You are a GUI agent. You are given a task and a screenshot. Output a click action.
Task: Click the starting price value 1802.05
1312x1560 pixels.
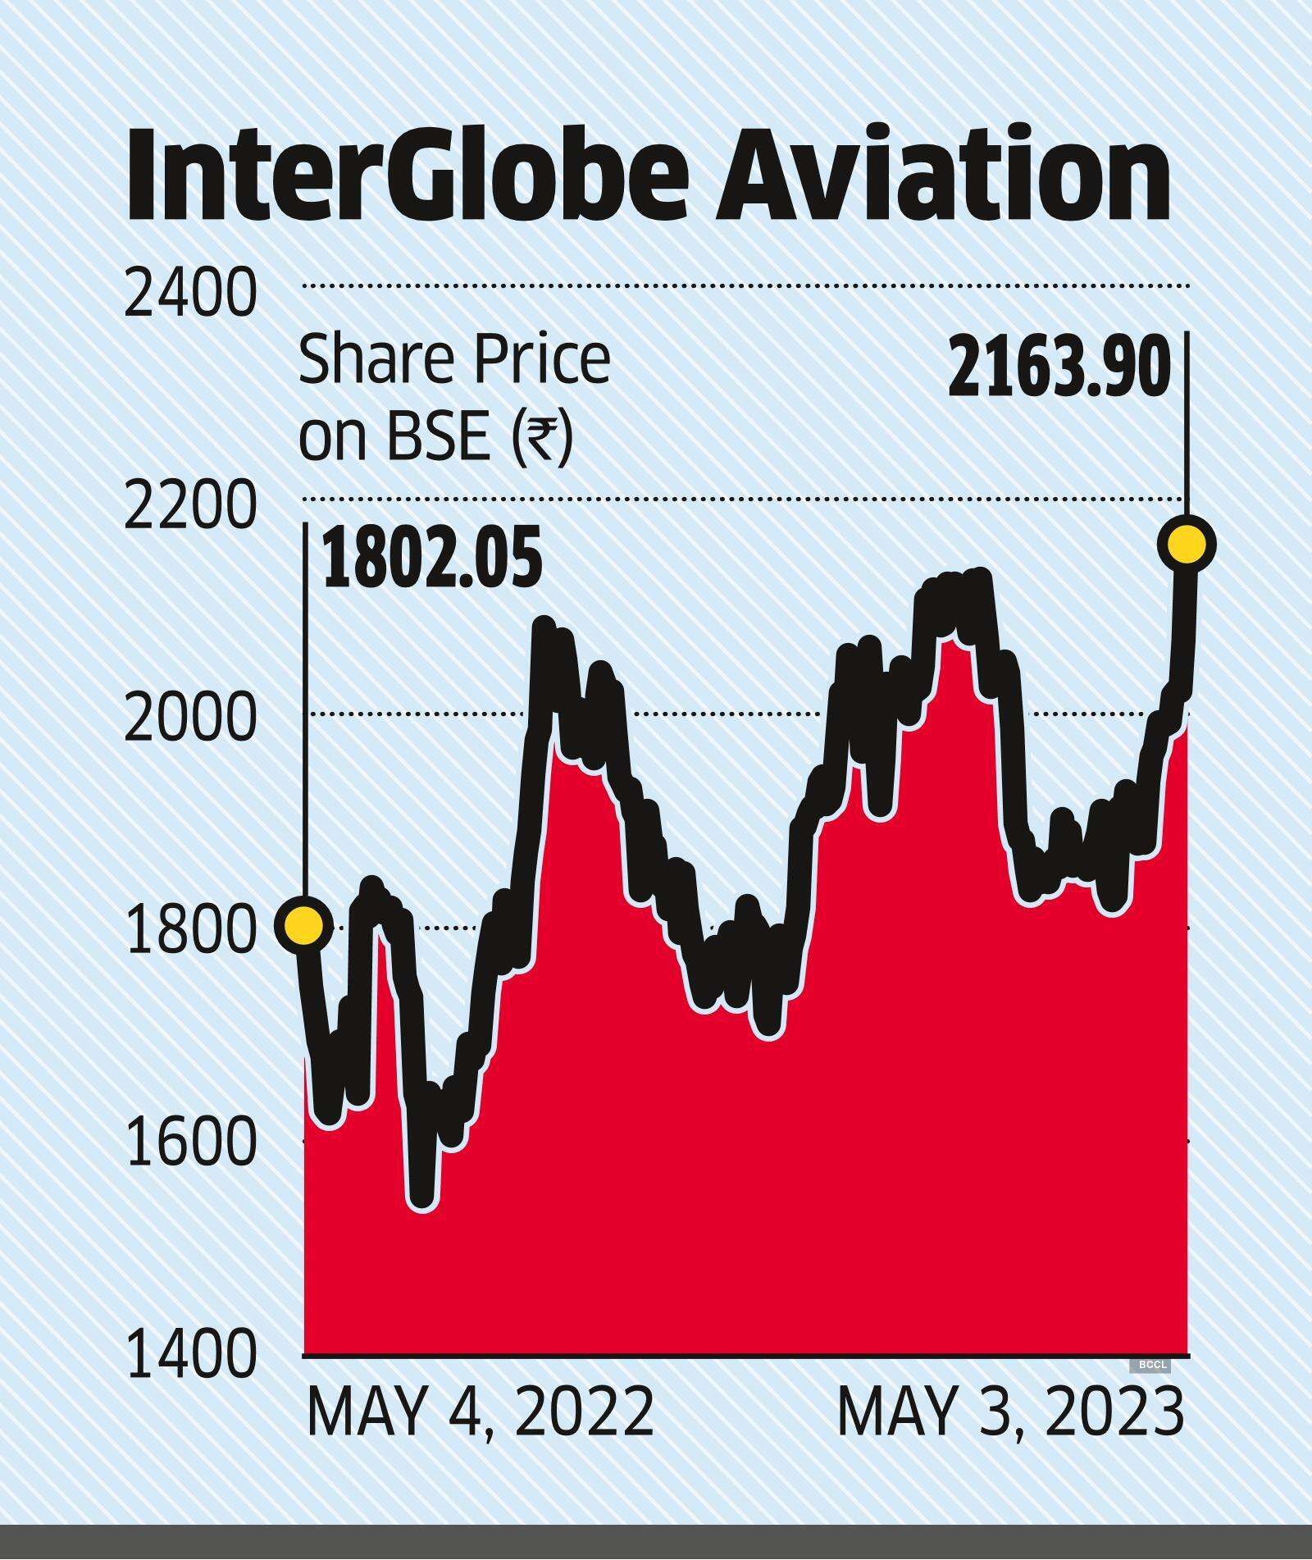432,559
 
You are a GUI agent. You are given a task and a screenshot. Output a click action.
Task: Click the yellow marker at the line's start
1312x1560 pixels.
303,925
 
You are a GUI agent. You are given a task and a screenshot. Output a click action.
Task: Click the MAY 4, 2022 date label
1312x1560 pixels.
480,1412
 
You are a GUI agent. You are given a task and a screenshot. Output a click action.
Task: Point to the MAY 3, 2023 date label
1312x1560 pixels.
1010,1412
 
